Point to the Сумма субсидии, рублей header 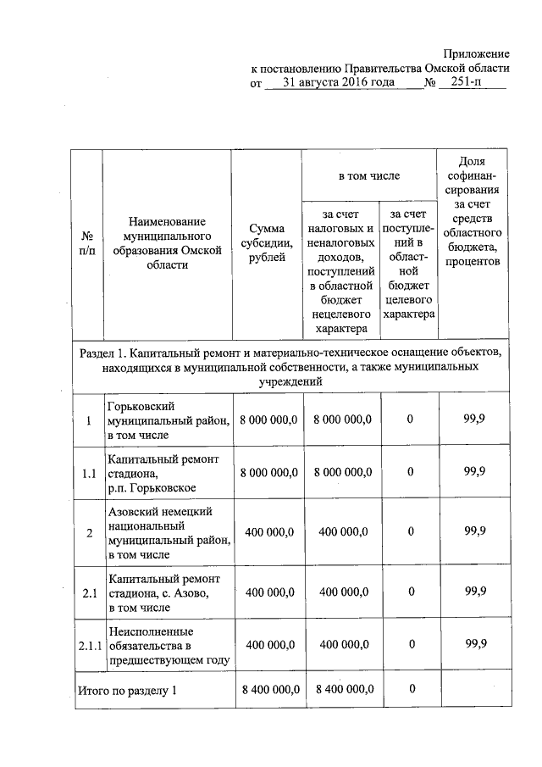(267, 243)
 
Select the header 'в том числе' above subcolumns (368, 175)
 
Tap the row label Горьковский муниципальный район (167, 420)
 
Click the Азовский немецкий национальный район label (167, 532)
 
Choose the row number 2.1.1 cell (88, 646)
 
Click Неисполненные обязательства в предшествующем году (167, 646)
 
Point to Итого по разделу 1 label (127, 690)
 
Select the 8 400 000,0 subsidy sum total (268, 690)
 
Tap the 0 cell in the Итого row (411, 689)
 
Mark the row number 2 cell (88, 532)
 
